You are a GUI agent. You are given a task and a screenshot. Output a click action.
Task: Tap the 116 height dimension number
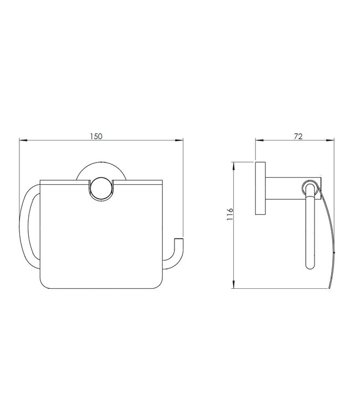[230, 213]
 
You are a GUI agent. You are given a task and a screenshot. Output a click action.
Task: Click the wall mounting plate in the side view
[260, 188]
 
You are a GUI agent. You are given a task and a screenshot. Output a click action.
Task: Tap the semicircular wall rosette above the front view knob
[100, 171]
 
